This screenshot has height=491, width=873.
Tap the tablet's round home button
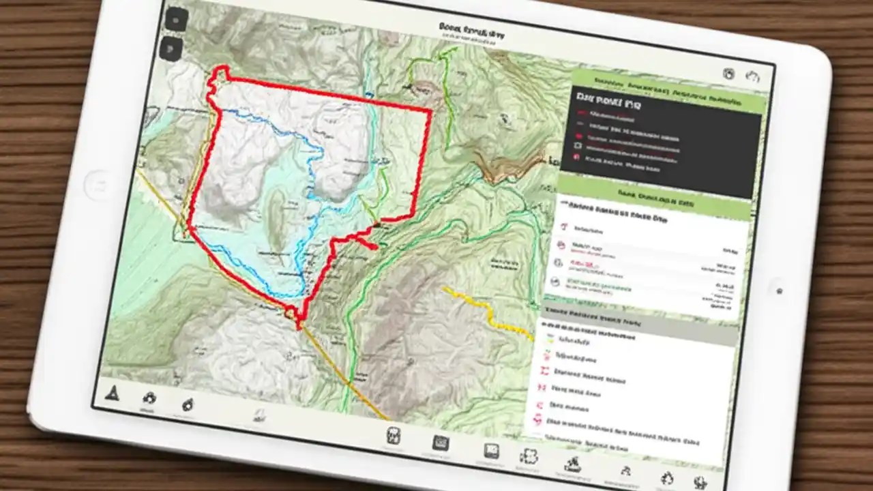click(x=98, y=185)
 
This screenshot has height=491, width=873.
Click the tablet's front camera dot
click(x=779, y=291)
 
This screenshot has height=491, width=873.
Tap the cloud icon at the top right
click(x=752, y=76)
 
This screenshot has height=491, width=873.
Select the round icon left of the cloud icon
click(x=728, y=74)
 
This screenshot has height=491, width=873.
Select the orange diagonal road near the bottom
click(x=341, y=375)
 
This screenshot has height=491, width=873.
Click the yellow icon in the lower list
click(x=546, y=337)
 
